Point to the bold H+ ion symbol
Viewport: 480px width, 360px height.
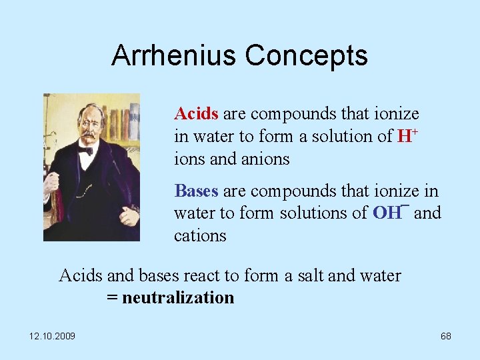click(x=407, y=136)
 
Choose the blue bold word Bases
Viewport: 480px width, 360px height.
click(x=196, y=191)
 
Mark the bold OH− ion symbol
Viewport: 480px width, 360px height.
click(x=390, y=213)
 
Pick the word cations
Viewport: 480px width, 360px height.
click(x=200, y=236)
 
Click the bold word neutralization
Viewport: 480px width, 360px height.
click(x=178, y=297)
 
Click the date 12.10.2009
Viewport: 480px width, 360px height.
click(x=52, y=336)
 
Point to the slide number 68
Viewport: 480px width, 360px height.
click(x=445, y=336)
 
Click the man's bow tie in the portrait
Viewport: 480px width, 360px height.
click(x=85, y=151)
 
